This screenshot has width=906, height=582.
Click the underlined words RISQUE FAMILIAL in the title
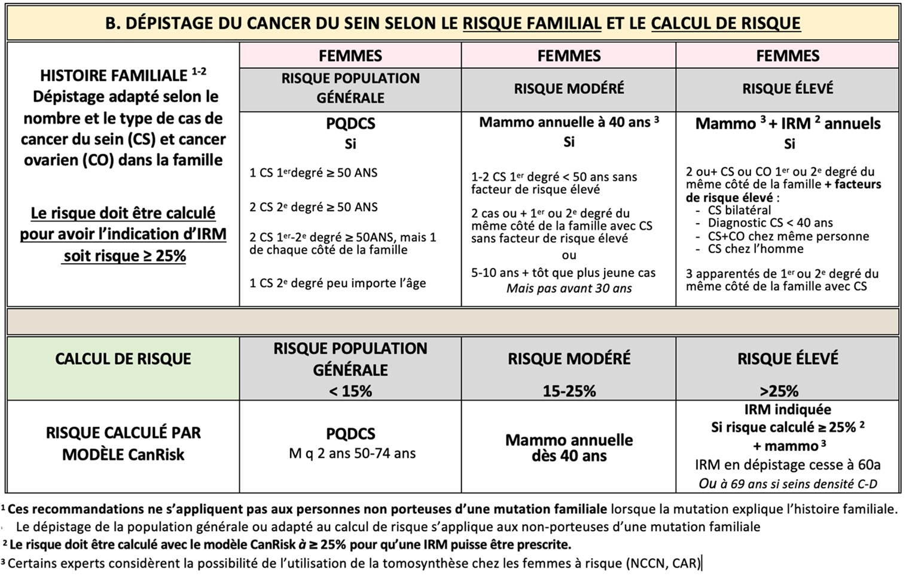pos(532,23)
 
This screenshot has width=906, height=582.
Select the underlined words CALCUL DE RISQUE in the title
pos(725,23)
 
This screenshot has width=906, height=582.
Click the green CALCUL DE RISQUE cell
pos(123,359)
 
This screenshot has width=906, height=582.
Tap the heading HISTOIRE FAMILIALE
pos(114,76)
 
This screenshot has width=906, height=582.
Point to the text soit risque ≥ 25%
pos(124,256)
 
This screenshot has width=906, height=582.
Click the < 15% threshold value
pos(350,391)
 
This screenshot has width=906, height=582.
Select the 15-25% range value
pos(569,391)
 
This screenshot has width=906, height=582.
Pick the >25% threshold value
pos(779,391)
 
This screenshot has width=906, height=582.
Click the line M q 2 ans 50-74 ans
pos(352,453)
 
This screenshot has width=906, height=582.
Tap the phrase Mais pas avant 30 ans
pos(569,288)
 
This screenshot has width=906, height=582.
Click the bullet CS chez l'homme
pos(755,249)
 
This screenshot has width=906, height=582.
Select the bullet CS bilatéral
pos(739,210)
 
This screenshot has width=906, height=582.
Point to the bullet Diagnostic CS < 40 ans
pos(770,223)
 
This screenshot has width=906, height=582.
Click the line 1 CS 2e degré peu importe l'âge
pos(337,283)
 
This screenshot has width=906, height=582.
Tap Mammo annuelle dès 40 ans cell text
pos(569,447)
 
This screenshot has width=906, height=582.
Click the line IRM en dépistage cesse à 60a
pos(787,465)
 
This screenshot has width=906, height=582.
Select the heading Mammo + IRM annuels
pos(787,124)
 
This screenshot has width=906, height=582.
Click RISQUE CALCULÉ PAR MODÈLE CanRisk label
pos(123,443)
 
